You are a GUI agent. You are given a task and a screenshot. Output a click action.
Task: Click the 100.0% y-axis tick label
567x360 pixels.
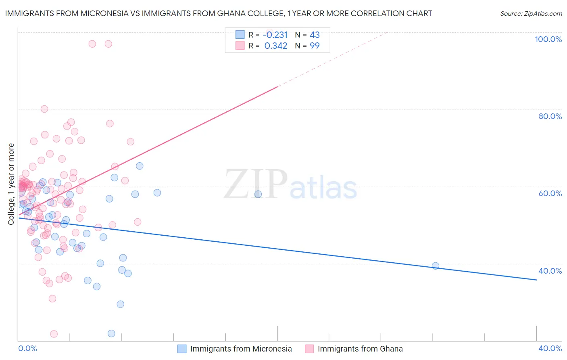[x=548, y=39]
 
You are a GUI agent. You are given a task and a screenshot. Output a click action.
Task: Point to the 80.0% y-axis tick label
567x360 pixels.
[x=550, y=116]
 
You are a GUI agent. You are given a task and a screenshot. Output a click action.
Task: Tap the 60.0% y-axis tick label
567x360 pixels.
[x=550, y=193]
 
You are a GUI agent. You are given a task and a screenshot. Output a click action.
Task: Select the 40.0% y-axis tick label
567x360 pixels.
[x=550, y=271]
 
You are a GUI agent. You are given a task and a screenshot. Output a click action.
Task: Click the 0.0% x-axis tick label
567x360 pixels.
[x=27, y=348]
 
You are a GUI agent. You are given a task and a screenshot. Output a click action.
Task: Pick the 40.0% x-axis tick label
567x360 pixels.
[x=550, y=348]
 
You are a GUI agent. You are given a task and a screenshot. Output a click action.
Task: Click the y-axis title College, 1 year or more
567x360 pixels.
[x=11, y=184]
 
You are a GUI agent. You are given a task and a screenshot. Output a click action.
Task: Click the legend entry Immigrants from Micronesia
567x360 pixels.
[x=241, y=349]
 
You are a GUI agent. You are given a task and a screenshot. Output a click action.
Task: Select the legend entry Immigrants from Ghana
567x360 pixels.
[x=360, y=349]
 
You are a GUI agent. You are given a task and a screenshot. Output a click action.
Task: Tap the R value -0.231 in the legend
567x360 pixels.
[x=275, y=35]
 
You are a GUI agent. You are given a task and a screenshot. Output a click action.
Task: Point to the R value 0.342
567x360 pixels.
[x=276, y=46]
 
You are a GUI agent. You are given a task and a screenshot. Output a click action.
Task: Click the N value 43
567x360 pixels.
[x=315, y=35]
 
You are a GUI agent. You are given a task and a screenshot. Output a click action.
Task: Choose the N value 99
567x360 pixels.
[x=315, y=46]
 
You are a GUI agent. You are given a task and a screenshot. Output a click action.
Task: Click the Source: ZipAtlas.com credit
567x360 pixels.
[x=531, y=13]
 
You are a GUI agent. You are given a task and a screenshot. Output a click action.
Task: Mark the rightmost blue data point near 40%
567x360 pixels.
[x=435, y=266]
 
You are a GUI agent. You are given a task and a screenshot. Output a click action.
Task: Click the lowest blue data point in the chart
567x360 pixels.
[x=111, y=333]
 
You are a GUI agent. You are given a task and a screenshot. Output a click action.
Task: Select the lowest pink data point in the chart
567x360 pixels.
[x=54, y=334]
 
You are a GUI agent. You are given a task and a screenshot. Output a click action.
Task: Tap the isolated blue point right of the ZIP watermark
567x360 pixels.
[x=258, y=194]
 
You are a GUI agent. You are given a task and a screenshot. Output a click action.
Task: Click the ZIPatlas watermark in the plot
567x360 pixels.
[x=290, y=185]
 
